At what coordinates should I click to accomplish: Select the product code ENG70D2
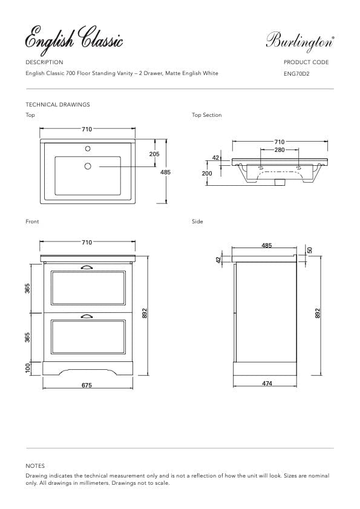pyautogui.click(x=296, y=74)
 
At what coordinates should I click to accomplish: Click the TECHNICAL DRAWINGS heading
pyautogui.click(x=57, y=105)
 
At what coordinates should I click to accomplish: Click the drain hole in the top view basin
pyautogui.click(x=87, y=166)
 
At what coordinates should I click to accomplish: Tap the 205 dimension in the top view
pyautogui.click(x=154, y=154)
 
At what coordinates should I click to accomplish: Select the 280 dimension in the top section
pyautogui.click(x=279, y=149)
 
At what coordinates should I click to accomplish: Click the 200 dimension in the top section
pyautogui.click(x=207, y=173)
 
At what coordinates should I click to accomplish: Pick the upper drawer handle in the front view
pyautogui.click(x=87, y=266)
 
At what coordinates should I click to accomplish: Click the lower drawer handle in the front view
pyautogui.click(x=87, y=315)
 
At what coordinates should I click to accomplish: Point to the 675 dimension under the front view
pyautogui.click(x=87, y=385)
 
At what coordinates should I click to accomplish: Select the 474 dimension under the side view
pyautogui.click(x=267, y=384)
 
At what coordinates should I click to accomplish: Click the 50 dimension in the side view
pyautogui.click(x=310, y=250)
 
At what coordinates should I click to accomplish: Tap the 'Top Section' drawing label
pyautogui.click(x=206, y=115)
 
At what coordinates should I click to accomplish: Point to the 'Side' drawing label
pyautogui.click(x=197, y=222)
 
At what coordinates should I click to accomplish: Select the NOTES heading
pyautogui.click(x=35, y=466)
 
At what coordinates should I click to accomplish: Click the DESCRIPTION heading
pyautogui.click(x=44, y=62)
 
